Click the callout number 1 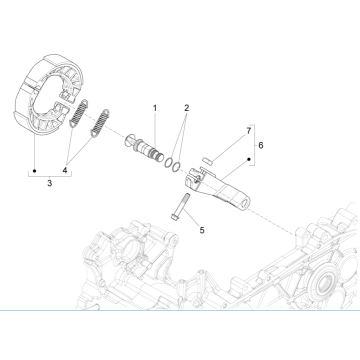(155, 107)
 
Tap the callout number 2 (186, 107)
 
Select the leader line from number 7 (234, 141)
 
